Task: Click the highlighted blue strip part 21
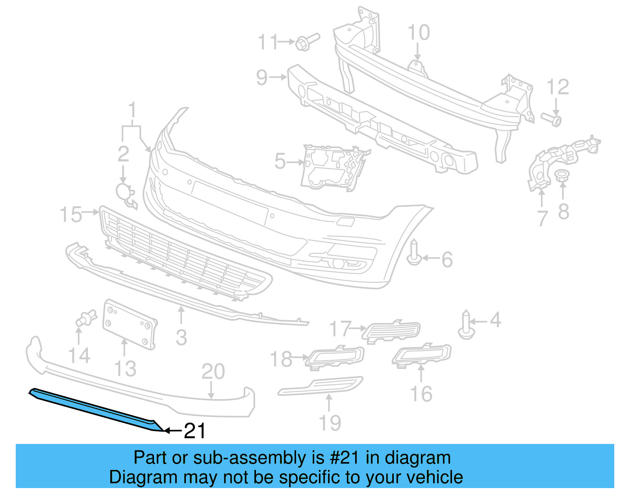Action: (x=94, y=410)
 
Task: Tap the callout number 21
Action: (x=195, y=431)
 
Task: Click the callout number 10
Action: (x=418, y=33)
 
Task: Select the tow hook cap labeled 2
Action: (x=125, y=193)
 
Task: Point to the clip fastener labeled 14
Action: (x=86, y=318)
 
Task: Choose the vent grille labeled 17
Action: (x=392, y=331)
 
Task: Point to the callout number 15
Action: (x=70, y=215)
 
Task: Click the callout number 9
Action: (x=261, y=77)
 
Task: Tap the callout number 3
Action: (x=181, y=338)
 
